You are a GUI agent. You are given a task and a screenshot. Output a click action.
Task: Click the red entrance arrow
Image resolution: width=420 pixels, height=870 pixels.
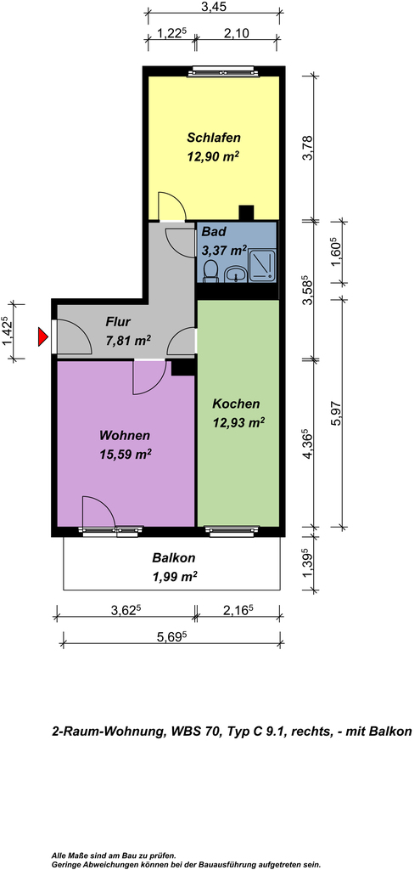pos(42,336)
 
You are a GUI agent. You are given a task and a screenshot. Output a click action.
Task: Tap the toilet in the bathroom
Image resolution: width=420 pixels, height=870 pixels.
pos(210,271)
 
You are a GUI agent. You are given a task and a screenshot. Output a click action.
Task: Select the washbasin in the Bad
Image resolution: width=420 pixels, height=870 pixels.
pos(237,273)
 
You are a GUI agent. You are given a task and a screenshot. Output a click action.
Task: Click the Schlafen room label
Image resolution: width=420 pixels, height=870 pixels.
pos(213,137)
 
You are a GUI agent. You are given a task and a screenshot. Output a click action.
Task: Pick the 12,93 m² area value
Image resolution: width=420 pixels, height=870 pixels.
pos(238,423)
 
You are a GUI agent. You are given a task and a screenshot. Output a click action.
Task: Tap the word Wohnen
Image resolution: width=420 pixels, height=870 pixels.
pos(125,435)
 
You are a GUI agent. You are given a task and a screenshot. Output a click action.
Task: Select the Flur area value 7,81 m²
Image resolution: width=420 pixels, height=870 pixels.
pos(129,341)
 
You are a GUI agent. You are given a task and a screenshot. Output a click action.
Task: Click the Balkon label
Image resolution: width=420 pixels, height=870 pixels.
pos(174,558)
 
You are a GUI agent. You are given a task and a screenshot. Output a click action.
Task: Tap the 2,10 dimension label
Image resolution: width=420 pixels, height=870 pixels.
pos(236,33)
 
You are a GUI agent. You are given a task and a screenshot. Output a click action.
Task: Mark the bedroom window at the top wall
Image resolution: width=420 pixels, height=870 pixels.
pos(223,71)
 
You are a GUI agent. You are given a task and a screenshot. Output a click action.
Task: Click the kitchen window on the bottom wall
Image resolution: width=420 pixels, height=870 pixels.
pos(232,530)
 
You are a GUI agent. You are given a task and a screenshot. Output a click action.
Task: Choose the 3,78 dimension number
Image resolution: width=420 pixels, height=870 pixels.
pos(309,148)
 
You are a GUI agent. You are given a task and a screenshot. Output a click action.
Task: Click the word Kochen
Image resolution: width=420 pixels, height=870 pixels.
pos(236,404)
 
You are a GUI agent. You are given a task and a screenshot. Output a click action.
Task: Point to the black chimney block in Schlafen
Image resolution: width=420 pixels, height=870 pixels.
pos(246,213)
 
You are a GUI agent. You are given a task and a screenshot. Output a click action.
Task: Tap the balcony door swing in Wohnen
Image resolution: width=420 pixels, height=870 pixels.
pos(98,511)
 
